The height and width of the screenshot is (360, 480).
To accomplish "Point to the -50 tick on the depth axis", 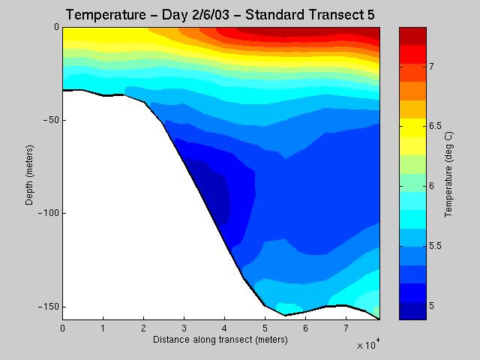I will click(x=50, y=120).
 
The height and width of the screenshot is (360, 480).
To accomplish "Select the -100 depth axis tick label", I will click(x=49, y=214).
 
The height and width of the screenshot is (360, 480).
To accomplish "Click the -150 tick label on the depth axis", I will click(x=49, y=307).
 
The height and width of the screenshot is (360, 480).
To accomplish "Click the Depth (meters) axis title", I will click(x=28, y=173).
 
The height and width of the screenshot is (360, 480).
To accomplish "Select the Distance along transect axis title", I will click(x=220, y=340).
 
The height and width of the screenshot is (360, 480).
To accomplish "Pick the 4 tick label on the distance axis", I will click(x=224, y=328).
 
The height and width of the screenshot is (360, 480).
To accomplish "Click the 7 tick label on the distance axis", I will click(x=346, y=328).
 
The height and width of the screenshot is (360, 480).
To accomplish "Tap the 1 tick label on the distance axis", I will click(x=103, y=328).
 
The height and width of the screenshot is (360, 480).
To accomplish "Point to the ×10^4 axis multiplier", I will click(x=367, y=345).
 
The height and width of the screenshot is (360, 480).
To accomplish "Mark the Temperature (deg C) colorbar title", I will click(x=448, y=173).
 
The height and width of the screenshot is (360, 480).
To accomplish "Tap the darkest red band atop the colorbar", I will click(x=412, y=34).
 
